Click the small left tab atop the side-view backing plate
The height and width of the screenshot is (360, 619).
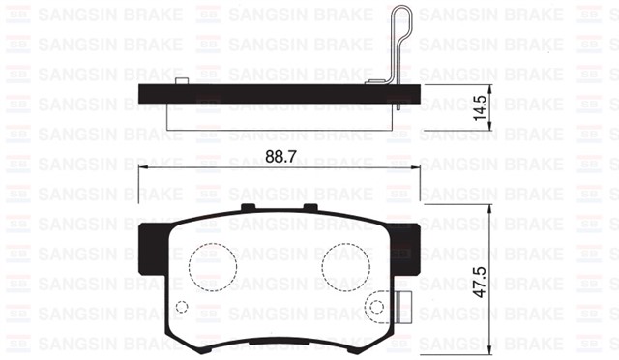[x=181, y=79]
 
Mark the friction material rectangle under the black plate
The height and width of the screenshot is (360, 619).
[x=280, y=113]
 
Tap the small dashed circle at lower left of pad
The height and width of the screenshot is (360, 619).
[x=182, y=306]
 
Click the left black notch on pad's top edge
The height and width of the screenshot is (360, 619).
[x=248, y=207]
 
